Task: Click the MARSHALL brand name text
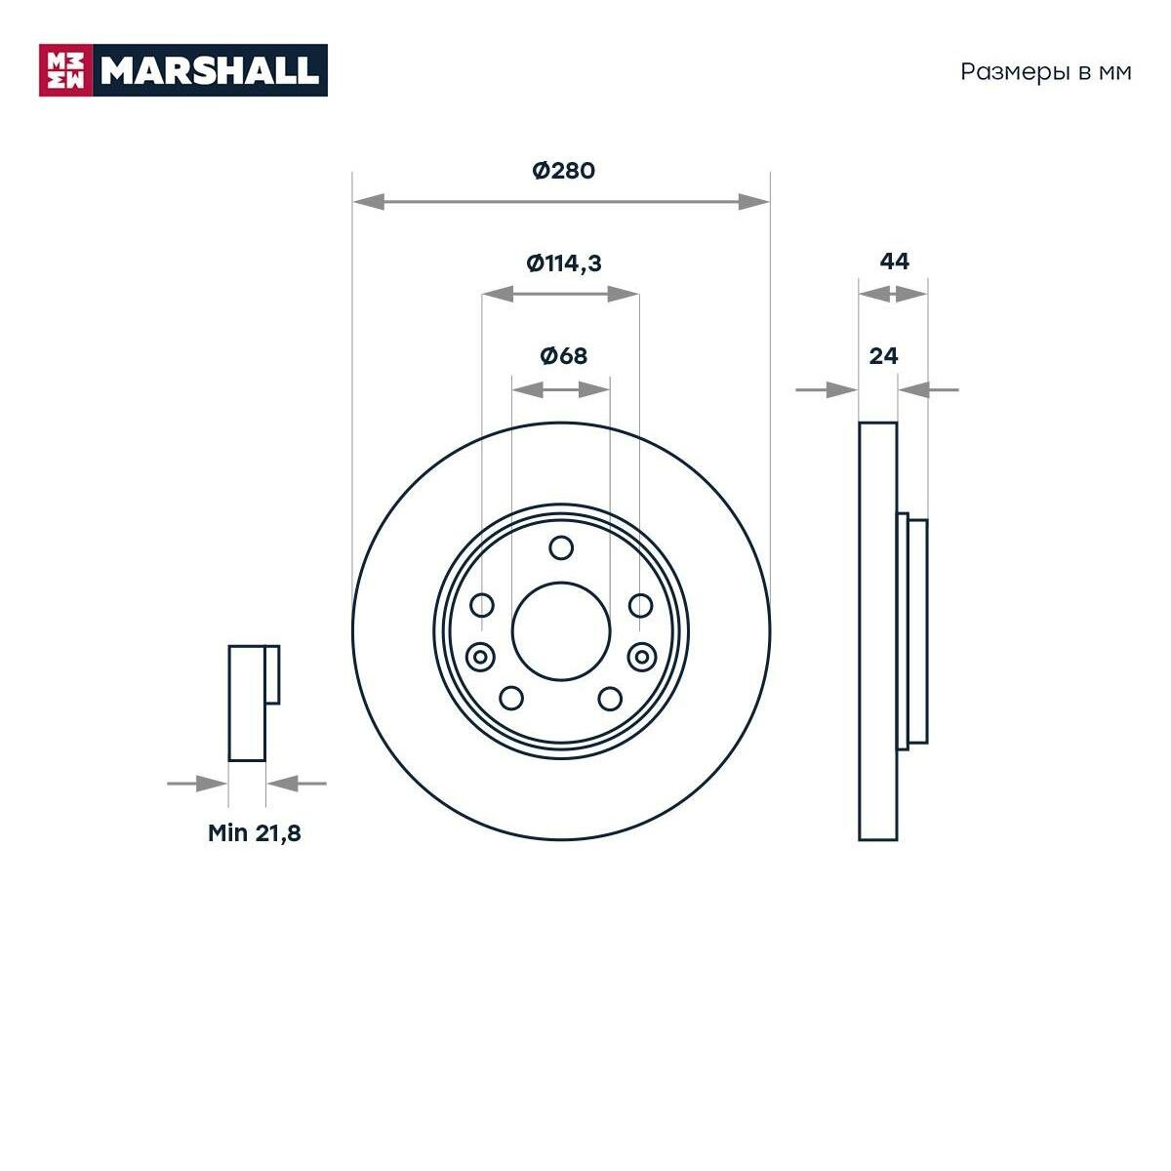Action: click(x=210, y=70)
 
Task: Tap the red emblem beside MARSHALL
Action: click(x=65, y=70)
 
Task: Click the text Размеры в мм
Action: click(x=1046, y=72)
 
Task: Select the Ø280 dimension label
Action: click(x=563, y=171)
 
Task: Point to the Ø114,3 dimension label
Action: click(x=563, y=262)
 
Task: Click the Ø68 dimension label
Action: click(x=563, y=356)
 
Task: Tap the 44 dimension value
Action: click(x=894, y=262)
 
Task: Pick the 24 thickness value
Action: click(x=883, y=356)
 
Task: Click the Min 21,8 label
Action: click(x=254, y=833)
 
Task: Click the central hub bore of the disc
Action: click(x=561, y=631)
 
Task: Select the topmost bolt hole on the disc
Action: click(x=561, y=548)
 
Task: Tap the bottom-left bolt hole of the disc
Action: click(x=511, y=698)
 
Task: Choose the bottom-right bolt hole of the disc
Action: click(x=610, y=698)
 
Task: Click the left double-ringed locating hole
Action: click(x=480, y=657)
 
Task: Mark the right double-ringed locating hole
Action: click(x=641, y=657)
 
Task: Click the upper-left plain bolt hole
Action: click(x=482, y=606)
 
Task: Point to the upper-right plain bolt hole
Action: click(x=640, y=606)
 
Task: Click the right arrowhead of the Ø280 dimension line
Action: click(x=754, y=202)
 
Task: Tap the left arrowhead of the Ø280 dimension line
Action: click(x=368, y=202)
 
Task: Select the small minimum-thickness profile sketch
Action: click(x=253, y=703)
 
